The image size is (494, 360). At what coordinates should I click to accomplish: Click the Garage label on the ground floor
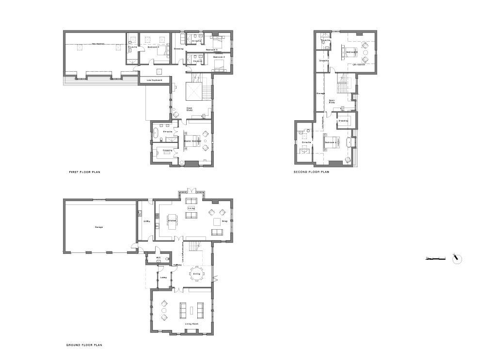(x=99, y=227)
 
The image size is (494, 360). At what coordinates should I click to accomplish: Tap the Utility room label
(x=146, y=221)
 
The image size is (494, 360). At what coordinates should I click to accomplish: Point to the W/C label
(x=159, y=258)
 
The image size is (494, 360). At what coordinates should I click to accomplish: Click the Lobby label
(x=164, y=278)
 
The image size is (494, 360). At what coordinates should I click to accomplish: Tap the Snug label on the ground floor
(x=224, y=221)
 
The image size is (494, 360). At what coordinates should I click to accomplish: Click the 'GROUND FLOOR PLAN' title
(x=84, y=345)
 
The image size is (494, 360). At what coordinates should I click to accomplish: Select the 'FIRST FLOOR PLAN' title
(x=85, y=172)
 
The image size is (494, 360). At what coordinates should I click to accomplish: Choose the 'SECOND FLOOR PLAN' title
(x=311, y=172)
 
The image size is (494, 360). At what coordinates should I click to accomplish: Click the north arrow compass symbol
(x=457, y=259)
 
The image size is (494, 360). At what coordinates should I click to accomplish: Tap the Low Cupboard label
(x=154, y=80)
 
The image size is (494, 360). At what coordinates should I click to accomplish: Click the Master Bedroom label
(x=193, y=141)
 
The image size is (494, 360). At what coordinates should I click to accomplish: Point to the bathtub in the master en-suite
(x=158, y=134)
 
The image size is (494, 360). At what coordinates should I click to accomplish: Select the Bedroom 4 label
(x=154, y=47)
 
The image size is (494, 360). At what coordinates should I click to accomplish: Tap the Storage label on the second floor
(x=320, y=93)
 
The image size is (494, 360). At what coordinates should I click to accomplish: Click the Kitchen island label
(x=172, y=221)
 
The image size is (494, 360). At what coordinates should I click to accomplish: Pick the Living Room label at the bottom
(x=191, y=324)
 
